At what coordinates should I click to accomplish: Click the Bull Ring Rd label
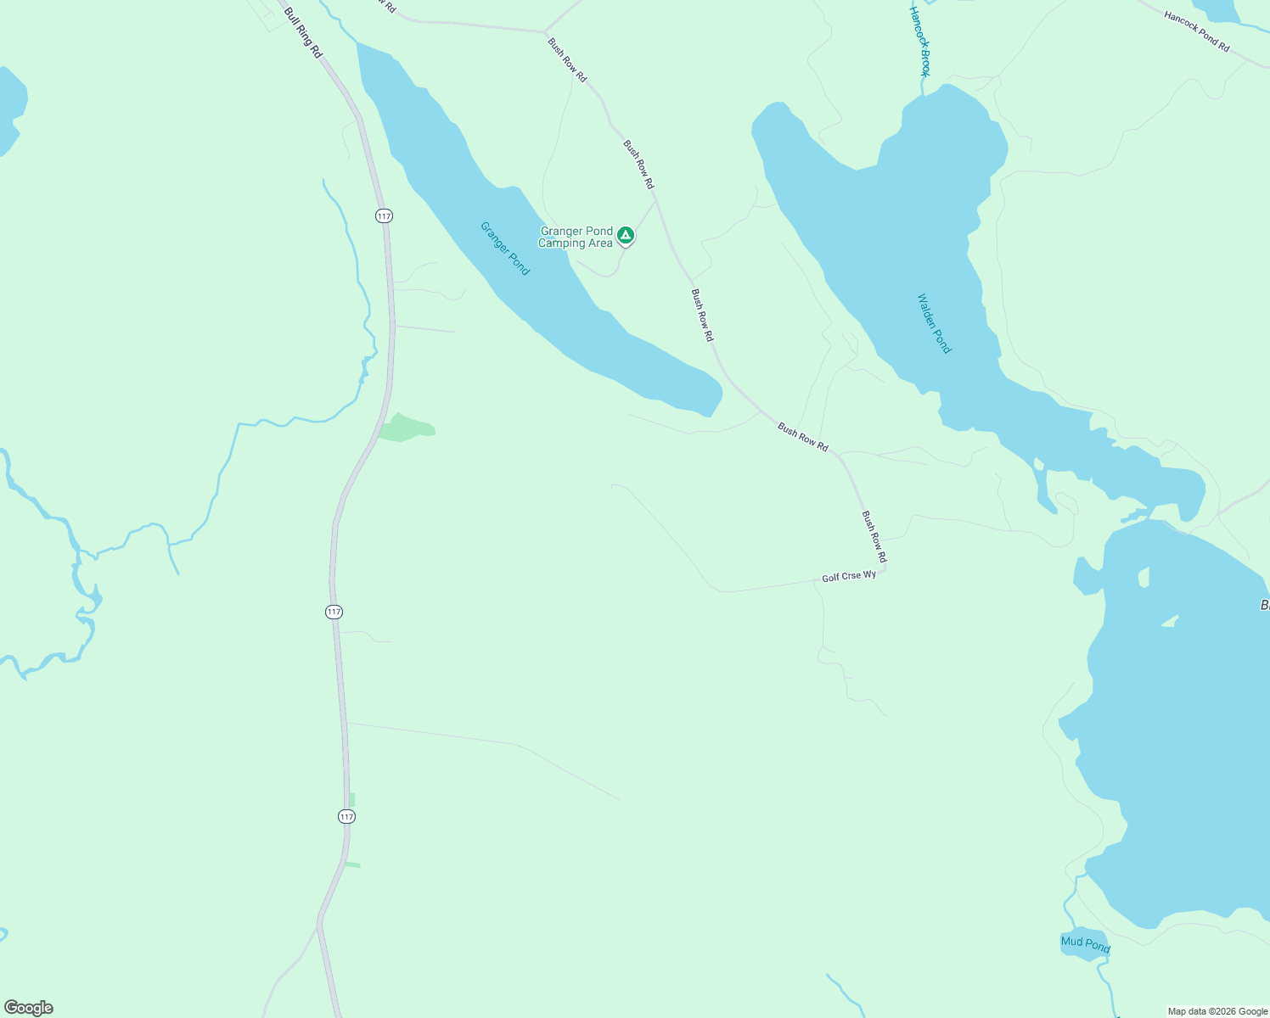tap(303, 33)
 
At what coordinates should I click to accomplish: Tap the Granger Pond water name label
tap(505, 249)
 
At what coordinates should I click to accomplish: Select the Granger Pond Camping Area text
tap(576, 238)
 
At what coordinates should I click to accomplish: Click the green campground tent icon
tap(626, 235)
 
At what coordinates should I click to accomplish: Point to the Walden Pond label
tap(935, 323)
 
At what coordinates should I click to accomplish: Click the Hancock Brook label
tap(920, 41)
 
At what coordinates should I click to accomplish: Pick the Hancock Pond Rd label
tap(1197, 31)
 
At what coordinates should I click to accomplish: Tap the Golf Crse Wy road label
tap(848, 577)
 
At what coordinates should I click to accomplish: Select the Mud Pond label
tap(1085, 943)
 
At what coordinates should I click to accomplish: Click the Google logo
tap(29, 1008)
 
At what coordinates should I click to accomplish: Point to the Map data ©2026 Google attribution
tap(1217, 1011)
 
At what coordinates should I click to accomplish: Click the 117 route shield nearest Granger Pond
tap(385, 216)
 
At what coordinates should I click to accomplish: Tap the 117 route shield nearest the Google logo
tap(346, 816)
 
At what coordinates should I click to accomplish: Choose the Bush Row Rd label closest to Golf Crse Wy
tap(874, 537)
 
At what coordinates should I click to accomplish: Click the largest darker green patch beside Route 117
tap(406, 428)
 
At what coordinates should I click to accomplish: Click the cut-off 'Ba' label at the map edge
tap(1264, 606)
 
